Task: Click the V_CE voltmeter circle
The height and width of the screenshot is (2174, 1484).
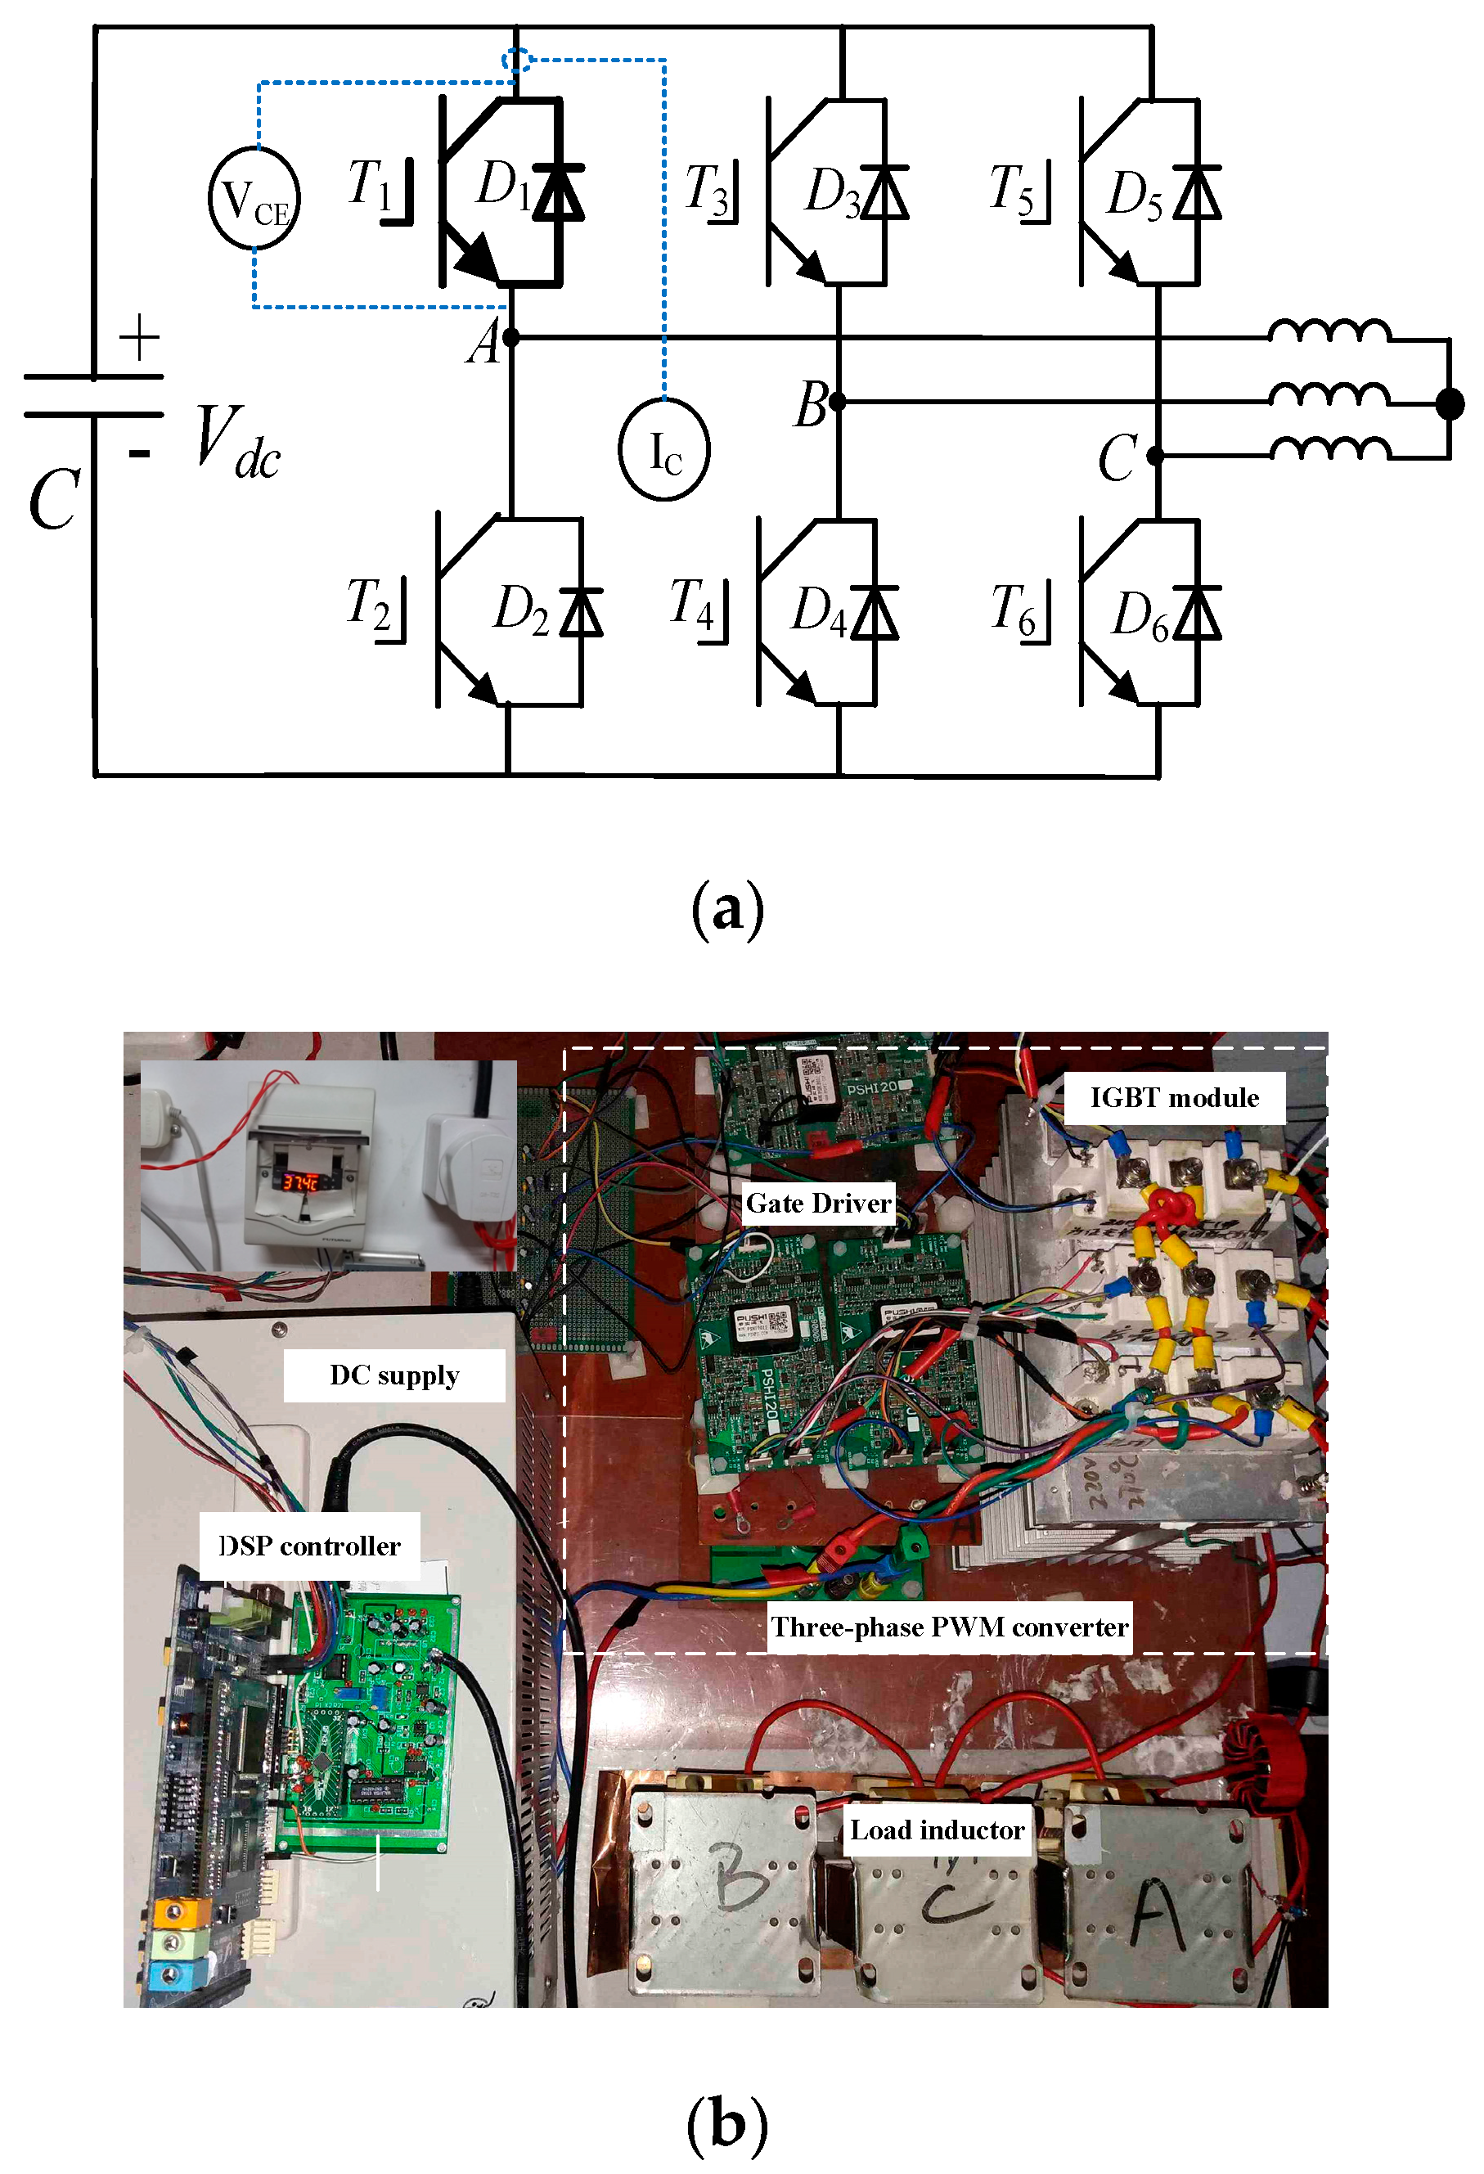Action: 254,198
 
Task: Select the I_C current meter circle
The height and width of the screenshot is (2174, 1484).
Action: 664,450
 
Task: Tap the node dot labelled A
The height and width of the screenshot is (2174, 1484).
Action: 510,337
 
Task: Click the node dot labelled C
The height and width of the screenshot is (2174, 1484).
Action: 1156,457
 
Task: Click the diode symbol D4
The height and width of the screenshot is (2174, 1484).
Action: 876,613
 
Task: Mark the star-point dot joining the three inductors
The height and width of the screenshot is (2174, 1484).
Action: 1450,404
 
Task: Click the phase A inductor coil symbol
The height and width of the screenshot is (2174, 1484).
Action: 1329,332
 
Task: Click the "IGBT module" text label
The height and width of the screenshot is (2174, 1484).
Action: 1175,1097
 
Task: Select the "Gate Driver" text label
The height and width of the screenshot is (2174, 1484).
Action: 818,1203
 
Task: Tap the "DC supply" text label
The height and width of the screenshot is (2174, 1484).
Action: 394,1375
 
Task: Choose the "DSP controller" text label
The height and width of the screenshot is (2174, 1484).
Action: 309,1546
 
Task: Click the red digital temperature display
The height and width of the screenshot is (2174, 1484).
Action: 301,1182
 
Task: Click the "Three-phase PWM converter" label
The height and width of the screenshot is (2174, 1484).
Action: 949,1627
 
